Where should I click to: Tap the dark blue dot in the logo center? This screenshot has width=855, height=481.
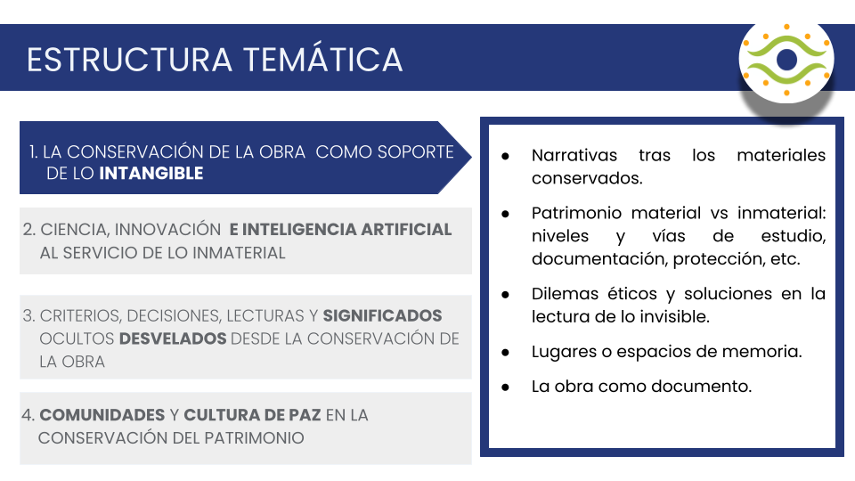click(x=786, y=60)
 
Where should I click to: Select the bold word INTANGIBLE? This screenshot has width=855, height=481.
click(x=151, y=174)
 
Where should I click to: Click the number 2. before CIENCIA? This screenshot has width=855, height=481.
click(x=29, y=230)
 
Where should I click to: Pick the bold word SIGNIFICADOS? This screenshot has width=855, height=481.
click(x=382, y=316)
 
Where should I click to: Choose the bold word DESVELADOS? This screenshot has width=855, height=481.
click(x=174, y=338)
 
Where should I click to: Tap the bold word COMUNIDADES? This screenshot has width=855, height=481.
click(x=102, y=415)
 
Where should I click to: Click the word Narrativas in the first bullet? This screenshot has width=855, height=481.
click(x=574, y=155)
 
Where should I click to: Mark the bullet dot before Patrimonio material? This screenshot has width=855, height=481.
click(x=506, y=214)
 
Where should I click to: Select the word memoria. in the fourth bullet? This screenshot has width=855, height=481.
click(x=764, y=352)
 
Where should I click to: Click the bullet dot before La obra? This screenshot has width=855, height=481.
click(x=506, y=387)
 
